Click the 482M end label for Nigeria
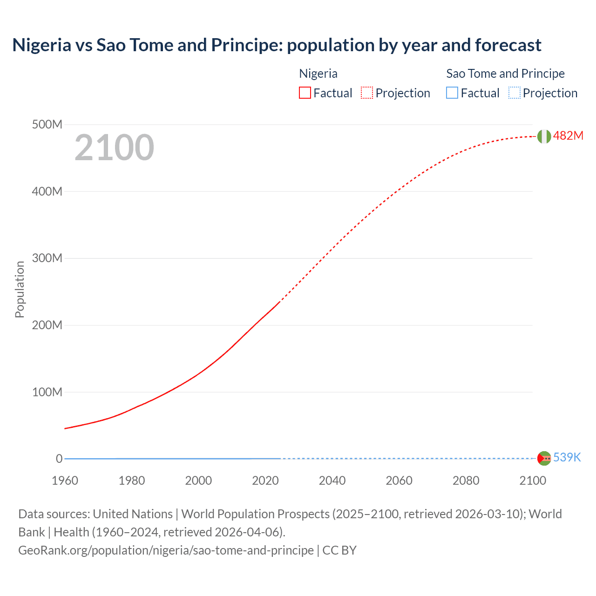click(x=568, y=135)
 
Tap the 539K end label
click(x=567, y=457)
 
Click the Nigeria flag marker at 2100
click(x=544, y=136)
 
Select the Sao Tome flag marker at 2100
click(x=544, y=458)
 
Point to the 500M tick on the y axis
click(x=47, y=125)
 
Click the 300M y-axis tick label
click(x=47, y=258)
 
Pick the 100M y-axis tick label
click(x=47, y=392)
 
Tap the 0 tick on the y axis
click(x=59, y=459)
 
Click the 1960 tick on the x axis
click(x=65, y=481)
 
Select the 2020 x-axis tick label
click(x=265, y=481)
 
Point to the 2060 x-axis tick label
click(x=399, y=481)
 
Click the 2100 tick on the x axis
click(x=533, y=481)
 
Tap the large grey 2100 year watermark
click(x=114, y=148)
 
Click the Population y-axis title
click(x=20, y=289)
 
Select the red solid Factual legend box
click(x=305, y=93)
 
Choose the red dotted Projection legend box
click(x=367, y=93)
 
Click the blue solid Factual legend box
click(x=452, y=93)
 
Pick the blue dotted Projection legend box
click(x=514, y=93)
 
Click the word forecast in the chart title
click(x=508, y=45)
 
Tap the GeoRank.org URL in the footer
click(x=166, y=550)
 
